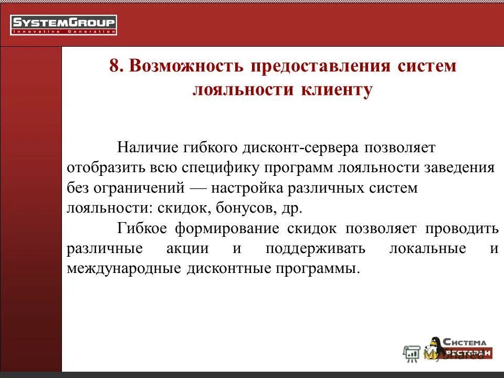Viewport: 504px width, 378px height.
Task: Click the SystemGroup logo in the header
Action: (64, 25)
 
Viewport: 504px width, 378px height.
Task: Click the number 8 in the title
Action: (114, 67)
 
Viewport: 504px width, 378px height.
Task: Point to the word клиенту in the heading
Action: (336, 89)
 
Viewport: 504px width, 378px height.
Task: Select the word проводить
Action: (461, 228)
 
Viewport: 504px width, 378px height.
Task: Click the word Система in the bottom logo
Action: (464, 342)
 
